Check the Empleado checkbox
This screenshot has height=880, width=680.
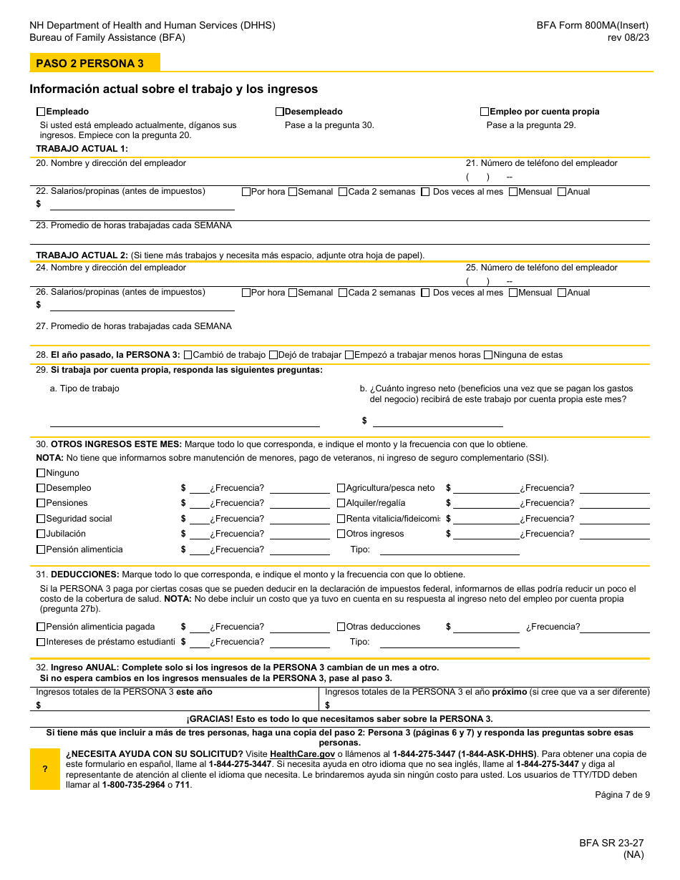(x=41, y=112)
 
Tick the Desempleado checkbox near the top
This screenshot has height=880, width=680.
(x=280, y=112)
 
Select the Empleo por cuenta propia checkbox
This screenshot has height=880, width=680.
(x=485, y=112)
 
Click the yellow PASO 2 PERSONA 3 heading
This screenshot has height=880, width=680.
(x=90, y=63)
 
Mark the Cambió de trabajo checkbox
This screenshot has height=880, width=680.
(x=188, y=355)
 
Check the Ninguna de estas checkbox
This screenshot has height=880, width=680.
(x=488, y=355)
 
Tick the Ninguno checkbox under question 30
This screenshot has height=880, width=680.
(x=41, y=473)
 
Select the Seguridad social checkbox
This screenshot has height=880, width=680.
(x=41, y=519)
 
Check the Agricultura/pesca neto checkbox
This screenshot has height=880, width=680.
(x=341, y=488)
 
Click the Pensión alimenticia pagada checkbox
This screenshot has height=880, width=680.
(x=41, y=627)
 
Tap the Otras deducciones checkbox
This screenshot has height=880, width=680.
(x=341, y=627)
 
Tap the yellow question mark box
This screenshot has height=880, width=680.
(x=44, y=769)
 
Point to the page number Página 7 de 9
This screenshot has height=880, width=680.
(x=622, y=795)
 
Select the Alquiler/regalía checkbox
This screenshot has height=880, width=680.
(x=341, y=503)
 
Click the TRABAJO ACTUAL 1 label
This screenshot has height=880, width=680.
(x=82, y=149)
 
